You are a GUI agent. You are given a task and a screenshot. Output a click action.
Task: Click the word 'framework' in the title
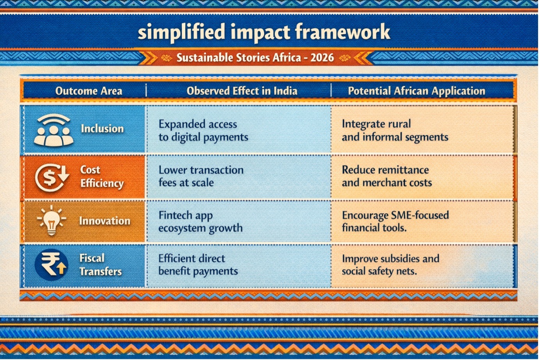(x=343, y=32)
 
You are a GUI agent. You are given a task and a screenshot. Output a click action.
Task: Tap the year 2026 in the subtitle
(x=322, y=58)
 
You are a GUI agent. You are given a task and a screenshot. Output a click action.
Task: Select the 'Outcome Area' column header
(x=89, y=91)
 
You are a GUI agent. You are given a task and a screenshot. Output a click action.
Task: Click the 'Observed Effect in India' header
(x=242, y=91)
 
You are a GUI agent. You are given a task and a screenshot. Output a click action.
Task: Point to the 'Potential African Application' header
(x=417, y=91)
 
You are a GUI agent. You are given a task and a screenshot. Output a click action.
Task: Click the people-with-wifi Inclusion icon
(x=54, y=130)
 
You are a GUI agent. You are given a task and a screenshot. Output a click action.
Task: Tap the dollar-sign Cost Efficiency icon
(x=52, y=178)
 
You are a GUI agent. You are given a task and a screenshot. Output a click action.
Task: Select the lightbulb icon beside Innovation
(x=52, y=220)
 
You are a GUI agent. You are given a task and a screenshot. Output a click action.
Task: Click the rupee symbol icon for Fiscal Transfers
(x=52, y=265)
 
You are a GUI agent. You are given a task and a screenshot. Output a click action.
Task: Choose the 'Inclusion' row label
(x=102, y=128)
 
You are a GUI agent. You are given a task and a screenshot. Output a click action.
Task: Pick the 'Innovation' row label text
(x=105, y=221)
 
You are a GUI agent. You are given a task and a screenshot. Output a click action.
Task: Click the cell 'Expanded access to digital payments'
(x=203, y=130)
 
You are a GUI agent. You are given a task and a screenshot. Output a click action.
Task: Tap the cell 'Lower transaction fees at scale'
(x=201, y=176)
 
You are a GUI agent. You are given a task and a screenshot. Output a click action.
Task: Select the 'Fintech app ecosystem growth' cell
(x=200, y=222)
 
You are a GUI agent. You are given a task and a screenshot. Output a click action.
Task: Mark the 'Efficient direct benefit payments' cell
(x=198, y=265)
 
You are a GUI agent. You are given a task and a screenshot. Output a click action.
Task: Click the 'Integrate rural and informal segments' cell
(x=395, y=130)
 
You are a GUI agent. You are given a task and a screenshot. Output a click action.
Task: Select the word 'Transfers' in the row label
(x=101, y=272)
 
